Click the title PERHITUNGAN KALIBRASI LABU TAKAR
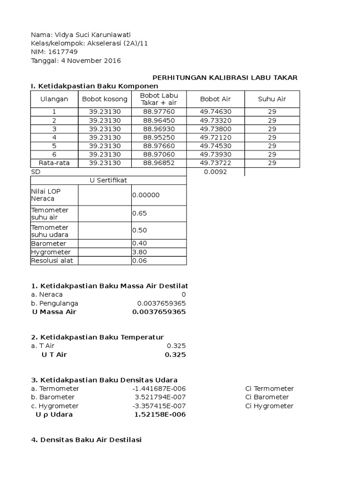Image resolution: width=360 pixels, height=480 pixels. click(226, 78)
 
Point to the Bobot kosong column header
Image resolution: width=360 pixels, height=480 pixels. click(105, 99)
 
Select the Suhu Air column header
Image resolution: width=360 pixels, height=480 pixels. click(272, 99)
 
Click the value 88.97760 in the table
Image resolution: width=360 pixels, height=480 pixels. click(159, 112)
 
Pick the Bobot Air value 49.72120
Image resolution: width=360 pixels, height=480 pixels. click(215, 137)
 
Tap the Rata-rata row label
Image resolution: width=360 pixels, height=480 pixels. click(54, 163)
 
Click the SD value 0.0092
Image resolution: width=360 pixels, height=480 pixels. click(215, 172)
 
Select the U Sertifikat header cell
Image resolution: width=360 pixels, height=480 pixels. click(108, 180)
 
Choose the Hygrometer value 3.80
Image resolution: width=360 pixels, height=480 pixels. click(139, 252)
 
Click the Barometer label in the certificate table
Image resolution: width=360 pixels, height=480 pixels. click(48, 244)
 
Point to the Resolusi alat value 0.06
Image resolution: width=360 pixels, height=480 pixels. click(139, 261)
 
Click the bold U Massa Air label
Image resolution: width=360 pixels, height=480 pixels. click(54, 312)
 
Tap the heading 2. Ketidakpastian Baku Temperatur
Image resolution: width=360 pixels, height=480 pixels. click(97, 337)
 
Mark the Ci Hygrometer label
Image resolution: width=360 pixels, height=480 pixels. click(269, 406)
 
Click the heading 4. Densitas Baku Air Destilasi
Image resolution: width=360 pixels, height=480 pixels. click(86, 440)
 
